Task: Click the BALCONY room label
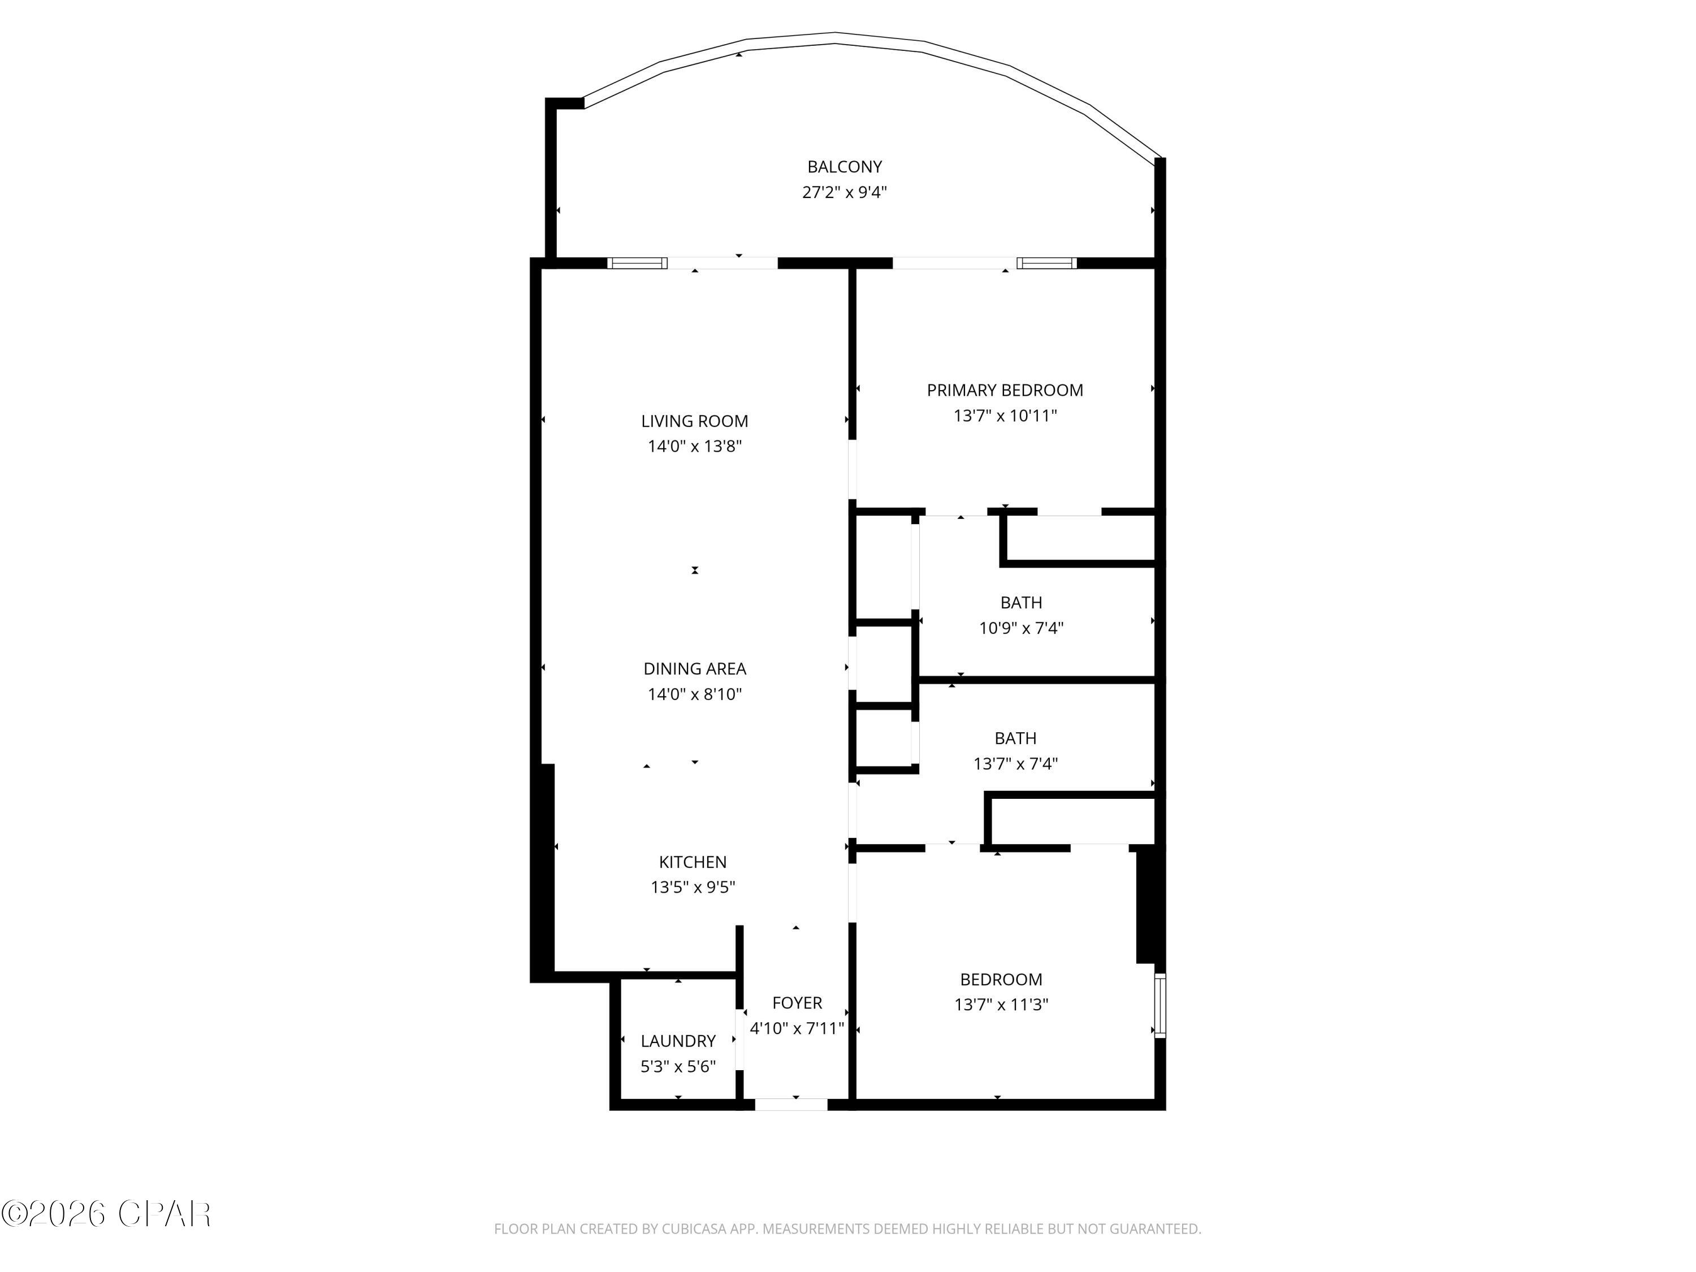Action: [x=844, y=166]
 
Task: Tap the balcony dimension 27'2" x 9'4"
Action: [x=844, y=192]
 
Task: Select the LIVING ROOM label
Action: [x=695, y=421]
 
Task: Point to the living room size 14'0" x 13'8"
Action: [x=695, y=446]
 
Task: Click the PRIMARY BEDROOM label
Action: [x=1005, y=390]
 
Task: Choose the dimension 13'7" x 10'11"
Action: [x=1005, y=416]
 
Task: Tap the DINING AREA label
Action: [x=695, y=669]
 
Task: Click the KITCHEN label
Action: [x=693, y=862]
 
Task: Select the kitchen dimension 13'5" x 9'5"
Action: [x=693, y=887]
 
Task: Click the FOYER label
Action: [x=797, y=1003]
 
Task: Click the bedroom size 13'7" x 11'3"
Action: [x=1001, y=1005]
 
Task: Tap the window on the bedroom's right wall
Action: [x=1160, y=1006]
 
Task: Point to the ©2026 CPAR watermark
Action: [x=106, y=1214]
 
